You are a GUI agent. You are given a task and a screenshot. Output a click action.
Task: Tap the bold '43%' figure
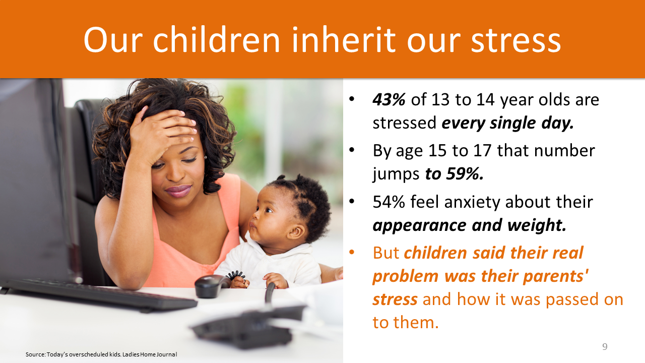click(389, 100)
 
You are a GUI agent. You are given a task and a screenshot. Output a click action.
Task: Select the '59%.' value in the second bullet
click(465, 174)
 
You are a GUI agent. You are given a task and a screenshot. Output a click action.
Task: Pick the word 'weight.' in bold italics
click(537, 225)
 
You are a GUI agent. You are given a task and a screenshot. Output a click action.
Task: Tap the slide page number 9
click(605, 346)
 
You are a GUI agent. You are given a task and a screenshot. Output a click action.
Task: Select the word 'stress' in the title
click(515, 40)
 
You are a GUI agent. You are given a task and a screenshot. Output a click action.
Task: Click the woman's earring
click(205, 157)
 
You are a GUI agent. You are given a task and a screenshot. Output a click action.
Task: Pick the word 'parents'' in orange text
click(555, 276)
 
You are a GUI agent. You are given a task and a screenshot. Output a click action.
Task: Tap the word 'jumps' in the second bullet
click(396, 174)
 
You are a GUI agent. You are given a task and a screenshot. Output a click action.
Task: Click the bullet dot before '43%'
click(352, 99)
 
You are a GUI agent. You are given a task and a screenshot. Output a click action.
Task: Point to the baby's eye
click(269, 210)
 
